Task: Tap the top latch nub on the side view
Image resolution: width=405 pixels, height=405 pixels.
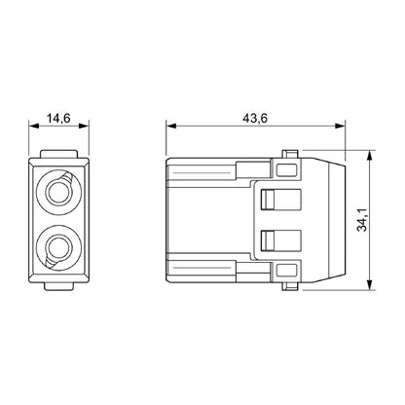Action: click(288, 153)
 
